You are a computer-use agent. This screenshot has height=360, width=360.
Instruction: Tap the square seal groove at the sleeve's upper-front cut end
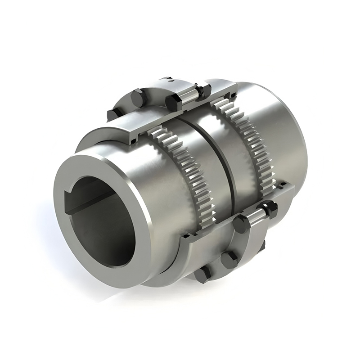(x=135, y=140)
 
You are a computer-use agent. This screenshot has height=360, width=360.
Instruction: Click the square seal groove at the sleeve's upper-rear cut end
(x=233, y=94)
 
